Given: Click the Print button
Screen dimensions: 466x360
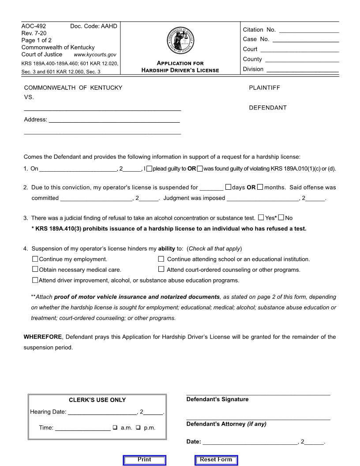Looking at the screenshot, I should (x=144, y=460).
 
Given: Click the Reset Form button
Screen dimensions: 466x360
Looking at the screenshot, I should (x=216, y=460).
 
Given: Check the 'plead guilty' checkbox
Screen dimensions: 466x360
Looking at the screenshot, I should (x=150, y=169).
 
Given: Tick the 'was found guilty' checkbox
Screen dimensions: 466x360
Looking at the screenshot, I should (x=200, y=169).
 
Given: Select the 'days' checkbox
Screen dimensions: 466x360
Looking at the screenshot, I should (x=228, y=187).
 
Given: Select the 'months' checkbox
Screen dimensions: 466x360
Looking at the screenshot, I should (x=260, y=187).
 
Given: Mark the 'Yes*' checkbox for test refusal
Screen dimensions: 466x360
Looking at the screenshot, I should (x=261, y=218).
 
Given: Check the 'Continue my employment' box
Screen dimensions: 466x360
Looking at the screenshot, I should (x=35, y=259).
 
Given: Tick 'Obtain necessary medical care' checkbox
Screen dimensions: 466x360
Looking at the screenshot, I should (x=35, y=269).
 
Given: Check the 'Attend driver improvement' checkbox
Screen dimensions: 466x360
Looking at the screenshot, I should (x=35, y=280).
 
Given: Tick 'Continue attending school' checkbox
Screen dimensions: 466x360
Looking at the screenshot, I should (x=161, y=259).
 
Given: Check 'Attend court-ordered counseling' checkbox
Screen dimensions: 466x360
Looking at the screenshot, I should (x=161, y=269).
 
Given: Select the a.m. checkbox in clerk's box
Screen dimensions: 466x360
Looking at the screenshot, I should (x=115, y=427).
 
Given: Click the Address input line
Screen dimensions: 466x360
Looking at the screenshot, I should (x=114, y=119).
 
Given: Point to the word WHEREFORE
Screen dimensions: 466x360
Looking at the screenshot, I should (x=42, y=337).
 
